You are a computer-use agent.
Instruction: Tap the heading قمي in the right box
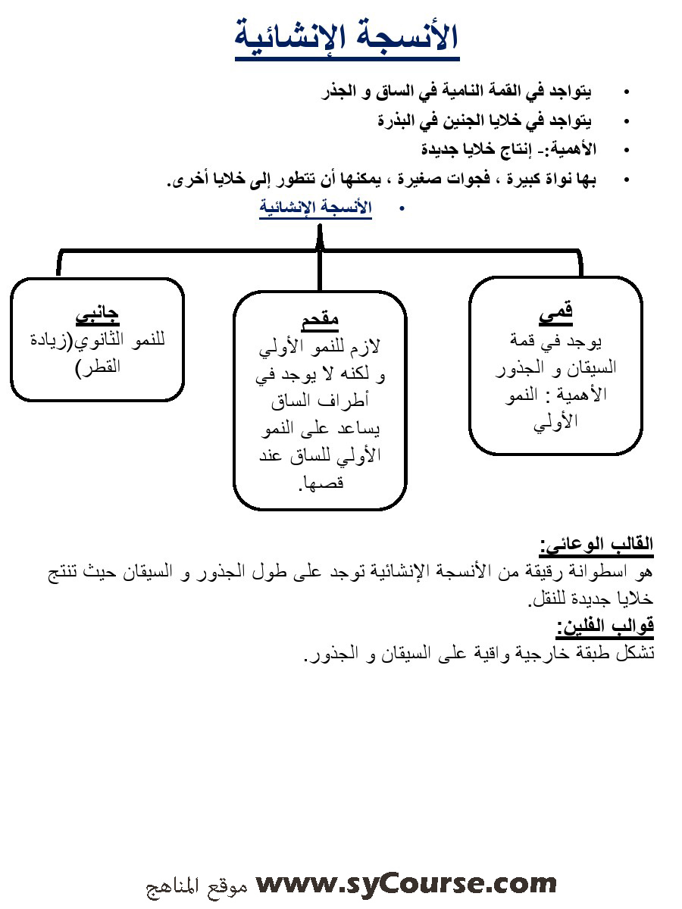555,310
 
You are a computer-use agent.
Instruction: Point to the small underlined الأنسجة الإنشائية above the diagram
315,207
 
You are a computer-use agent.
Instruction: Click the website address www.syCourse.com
406,883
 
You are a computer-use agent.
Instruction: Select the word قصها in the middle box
324,483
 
